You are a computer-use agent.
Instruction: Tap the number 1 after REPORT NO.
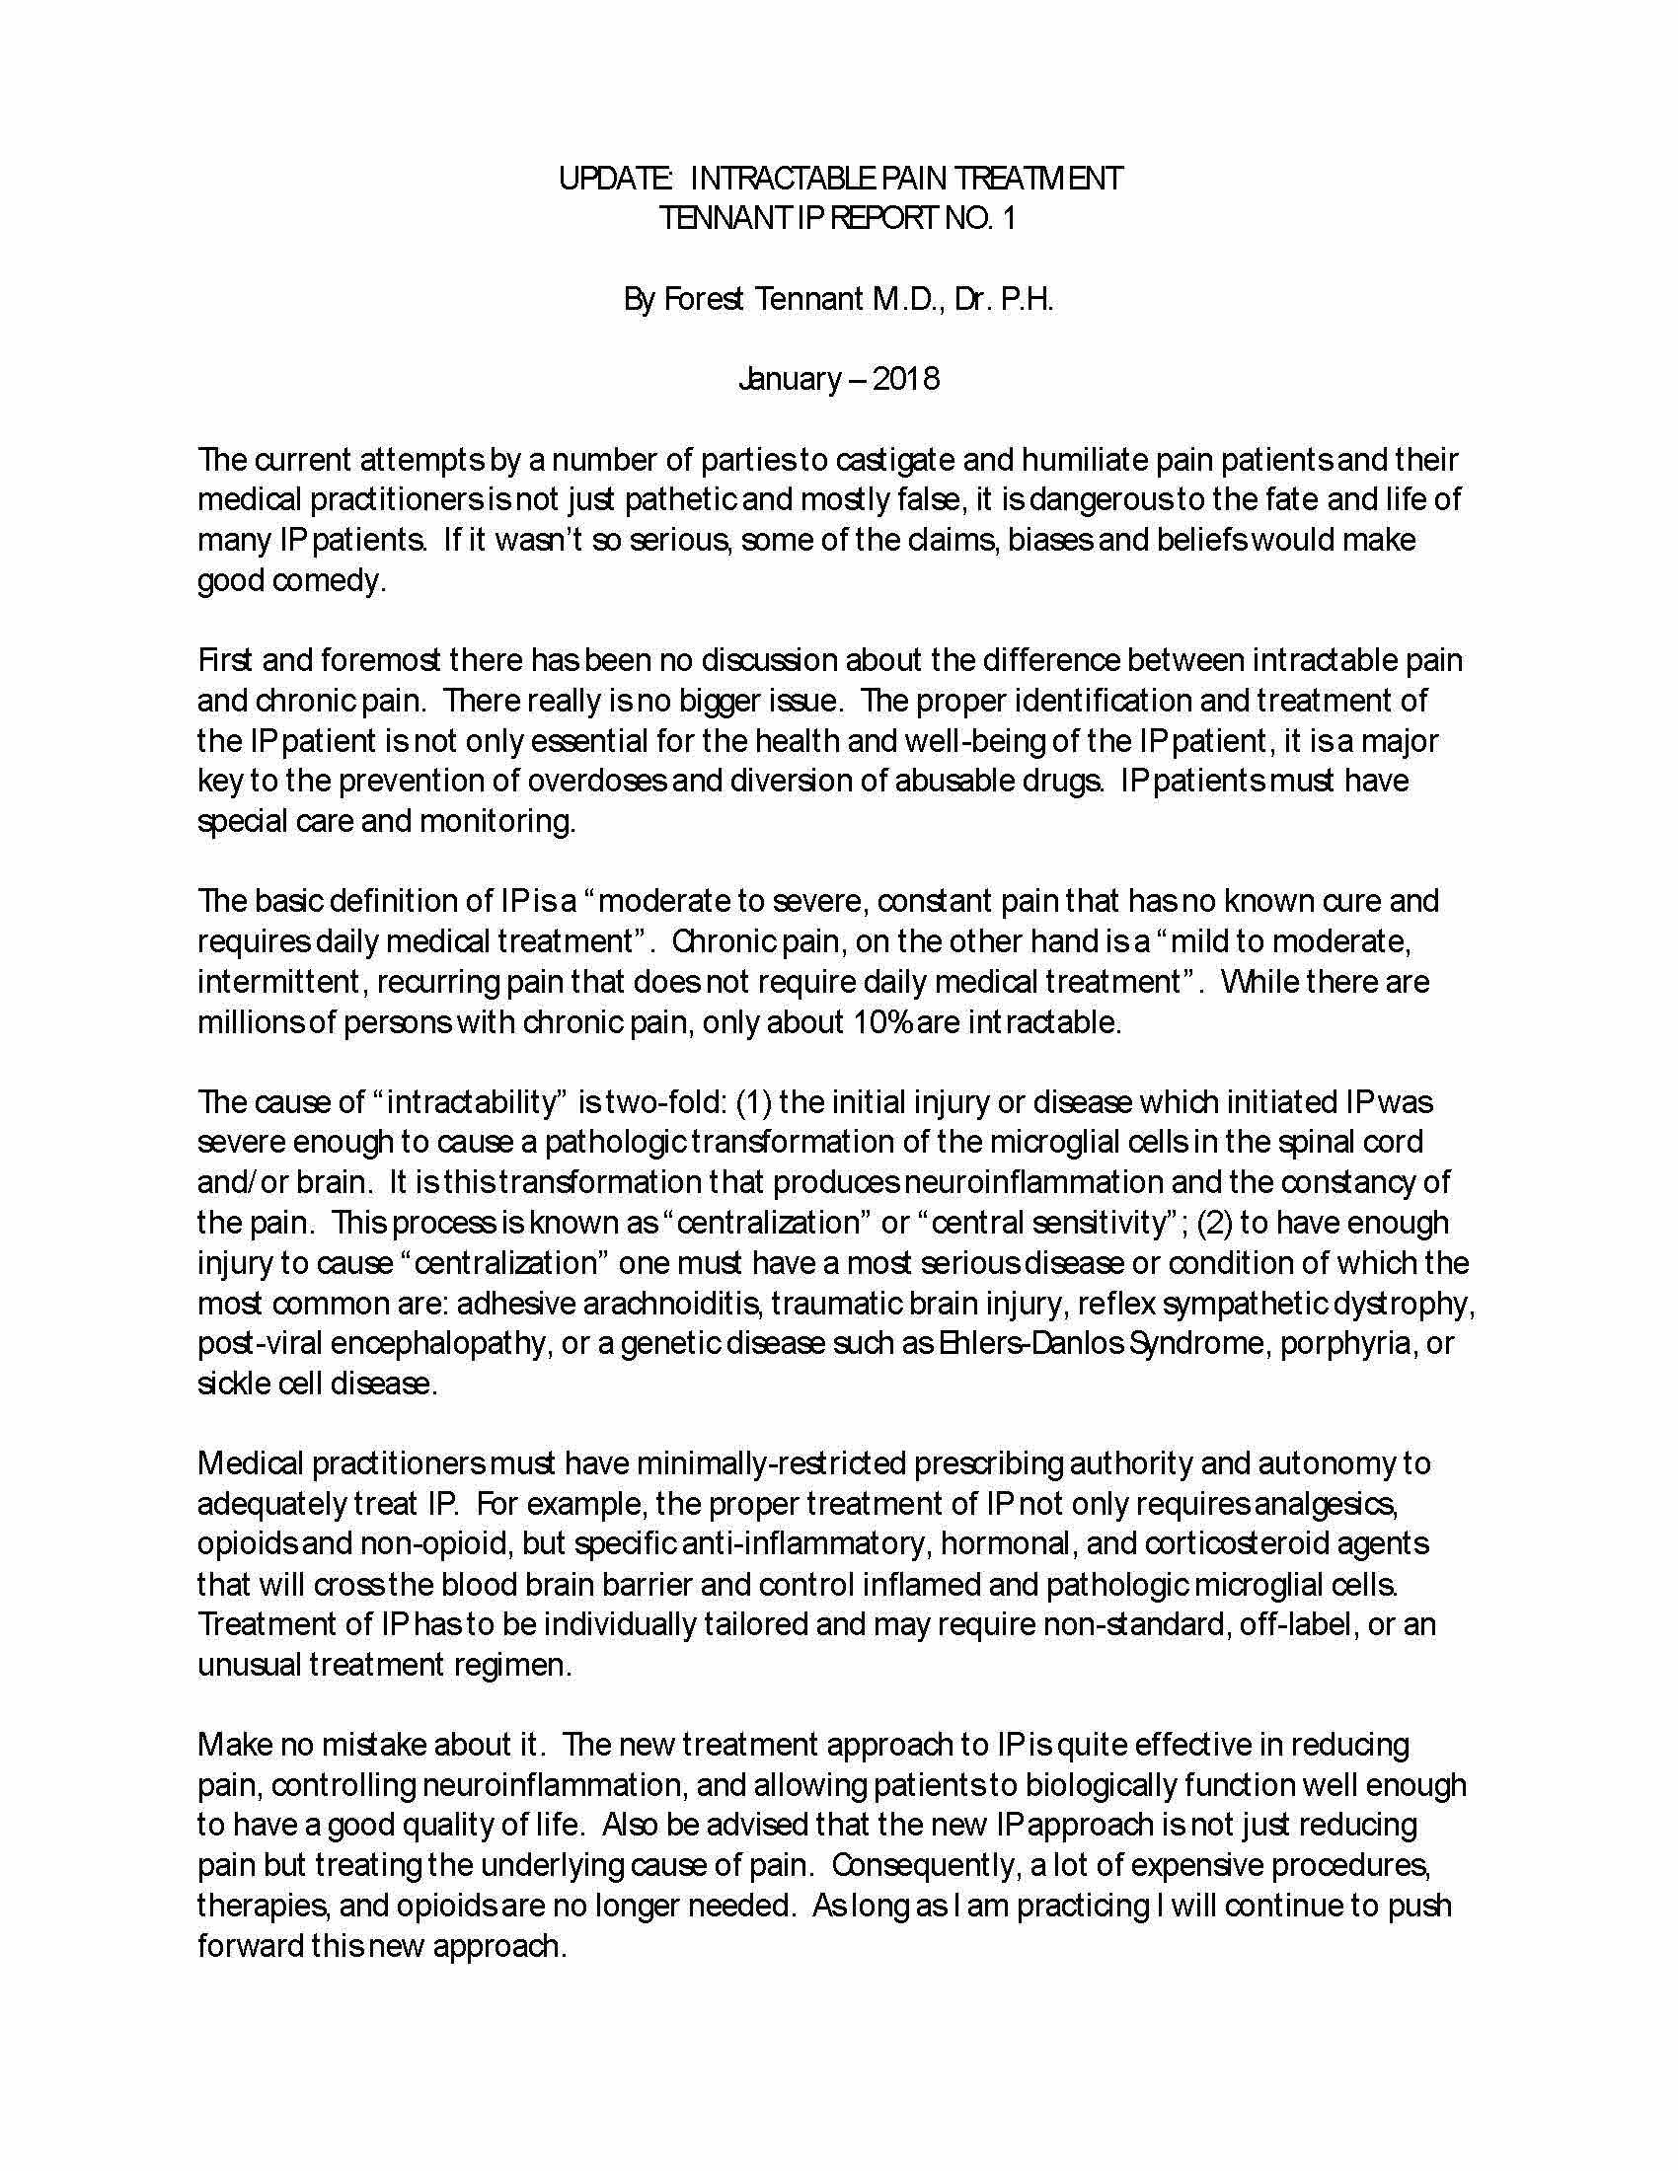1009,219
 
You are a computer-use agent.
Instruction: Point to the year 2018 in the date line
905,380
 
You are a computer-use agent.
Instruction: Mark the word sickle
224,1385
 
